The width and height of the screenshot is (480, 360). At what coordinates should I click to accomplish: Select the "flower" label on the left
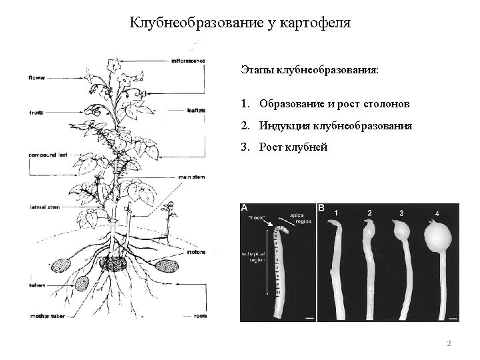[x=37, y=78]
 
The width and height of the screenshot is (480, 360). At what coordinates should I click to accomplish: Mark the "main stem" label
[x=191, y=177]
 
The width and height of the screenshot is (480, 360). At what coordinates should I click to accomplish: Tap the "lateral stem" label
[x=45, y=207]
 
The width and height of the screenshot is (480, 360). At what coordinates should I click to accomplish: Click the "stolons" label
[x=197, y=253]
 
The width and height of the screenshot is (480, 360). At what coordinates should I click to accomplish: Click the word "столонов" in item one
[x=388, y=104]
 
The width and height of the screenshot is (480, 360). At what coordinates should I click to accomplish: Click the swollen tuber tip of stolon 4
[x=437, y=236]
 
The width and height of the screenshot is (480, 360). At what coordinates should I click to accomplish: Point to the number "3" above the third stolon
[x=402, y=213]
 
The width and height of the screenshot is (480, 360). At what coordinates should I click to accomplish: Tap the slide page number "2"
[x=449, y=343]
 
